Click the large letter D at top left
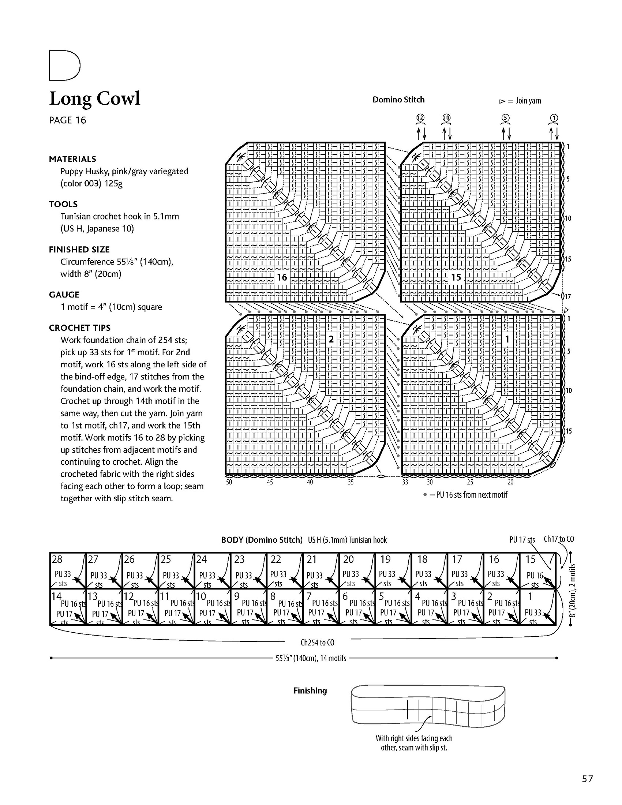[64, 65]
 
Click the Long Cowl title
[95, 98]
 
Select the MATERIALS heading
[72, 159]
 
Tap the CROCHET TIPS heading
[80, 328]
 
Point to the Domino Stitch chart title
[398, 100]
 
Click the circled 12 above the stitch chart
[420, 118]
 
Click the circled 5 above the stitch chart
[506, 118]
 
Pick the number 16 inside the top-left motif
[282, 277]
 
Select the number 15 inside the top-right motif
[456, 277]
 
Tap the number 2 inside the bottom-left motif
[331, 339]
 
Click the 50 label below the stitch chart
[229, 482]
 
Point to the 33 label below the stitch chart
[405, 482]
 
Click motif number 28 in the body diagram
[57, 559]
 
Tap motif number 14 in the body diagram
[56, 596]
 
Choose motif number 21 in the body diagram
[312, 559]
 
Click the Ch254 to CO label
[317, 643]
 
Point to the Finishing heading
[310, 691]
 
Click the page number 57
[587, 779]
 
